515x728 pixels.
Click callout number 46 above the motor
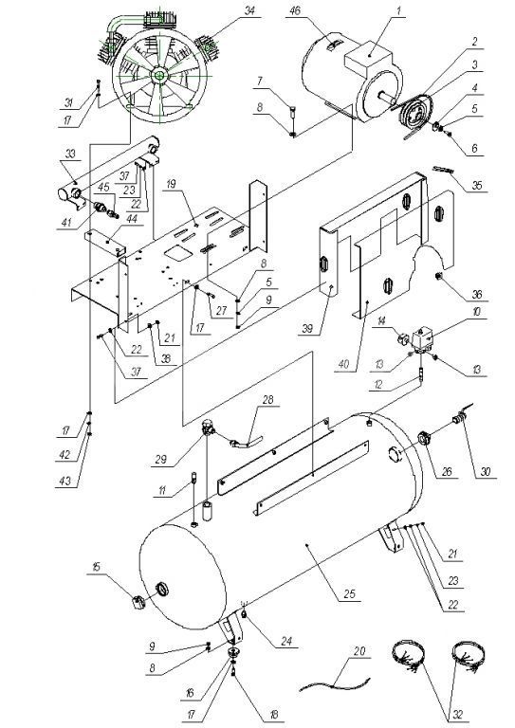point(295,10)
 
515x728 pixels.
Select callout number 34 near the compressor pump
point(249,10)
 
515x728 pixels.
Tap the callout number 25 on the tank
point(349,593)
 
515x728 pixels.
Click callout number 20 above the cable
point(359,651)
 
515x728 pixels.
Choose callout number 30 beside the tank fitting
point(486,471)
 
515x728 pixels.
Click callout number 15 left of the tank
point(96,567)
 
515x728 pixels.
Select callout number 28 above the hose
point(268,399)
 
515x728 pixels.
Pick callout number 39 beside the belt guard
point(307,329)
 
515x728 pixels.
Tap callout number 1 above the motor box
point(398,11)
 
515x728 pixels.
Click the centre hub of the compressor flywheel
point(158,75)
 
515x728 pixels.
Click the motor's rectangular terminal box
point(368,57)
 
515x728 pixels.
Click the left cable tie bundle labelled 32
point(408,656)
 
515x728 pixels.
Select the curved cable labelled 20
point(336,682)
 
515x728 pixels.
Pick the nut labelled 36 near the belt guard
point(438,277)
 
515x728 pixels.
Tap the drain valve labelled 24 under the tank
point(244,614)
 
